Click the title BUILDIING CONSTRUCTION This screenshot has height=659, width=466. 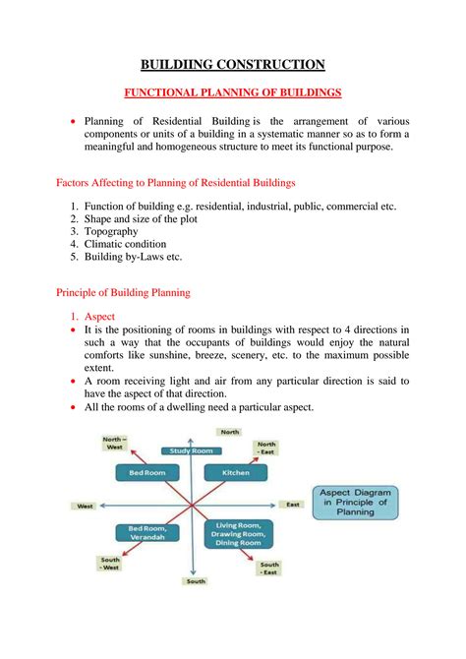(x=233, y=65)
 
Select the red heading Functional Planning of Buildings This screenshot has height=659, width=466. (x=232, y=92)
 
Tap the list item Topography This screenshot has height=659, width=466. (x=111, y=231)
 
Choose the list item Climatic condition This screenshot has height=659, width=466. (x=125, y=244)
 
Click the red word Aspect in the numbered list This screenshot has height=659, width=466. (x=100, y=317)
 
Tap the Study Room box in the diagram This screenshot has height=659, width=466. (x=192, y=450)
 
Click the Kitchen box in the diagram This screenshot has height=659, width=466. (x=236, y=473)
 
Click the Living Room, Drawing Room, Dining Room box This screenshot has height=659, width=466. (x=238, y=534)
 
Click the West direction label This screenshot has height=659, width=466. (x=85, y=506)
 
